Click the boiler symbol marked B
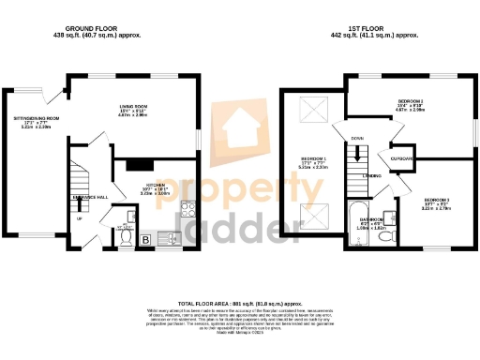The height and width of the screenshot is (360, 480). tap(146, 240)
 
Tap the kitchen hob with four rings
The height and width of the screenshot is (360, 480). tap(186, 210)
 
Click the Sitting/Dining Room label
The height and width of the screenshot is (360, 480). tap(37, 118)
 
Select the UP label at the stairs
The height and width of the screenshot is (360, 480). tap(80, 220)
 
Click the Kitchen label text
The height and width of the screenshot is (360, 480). tap(155, 186)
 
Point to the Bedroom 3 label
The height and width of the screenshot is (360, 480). tap(436, 201)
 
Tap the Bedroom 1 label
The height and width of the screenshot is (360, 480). tap(313, 158)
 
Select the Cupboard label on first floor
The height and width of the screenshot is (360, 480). tap(402, 158)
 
